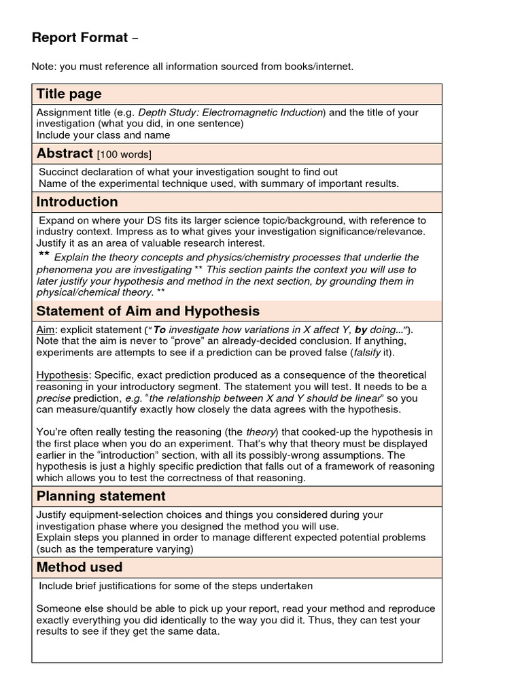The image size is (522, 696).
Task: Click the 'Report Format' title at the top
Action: [80, 38]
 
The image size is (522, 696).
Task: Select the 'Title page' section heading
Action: [69, 94]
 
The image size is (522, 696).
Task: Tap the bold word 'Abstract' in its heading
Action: [65, 154]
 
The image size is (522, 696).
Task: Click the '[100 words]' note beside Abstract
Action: [125, 155]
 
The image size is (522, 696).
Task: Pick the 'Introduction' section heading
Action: [77, 202]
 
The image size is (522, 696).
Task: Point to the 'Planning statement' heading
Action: [101, 496]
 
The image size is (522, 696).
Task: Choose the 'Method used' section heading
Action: [79, 567]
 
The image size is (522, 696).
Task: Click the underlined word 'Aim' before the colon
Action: [46, 330]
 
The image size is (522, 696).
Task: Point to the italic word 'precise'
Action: [53, 398]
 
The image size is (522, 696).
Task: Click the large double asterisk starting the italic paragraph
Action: [43, 256]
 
